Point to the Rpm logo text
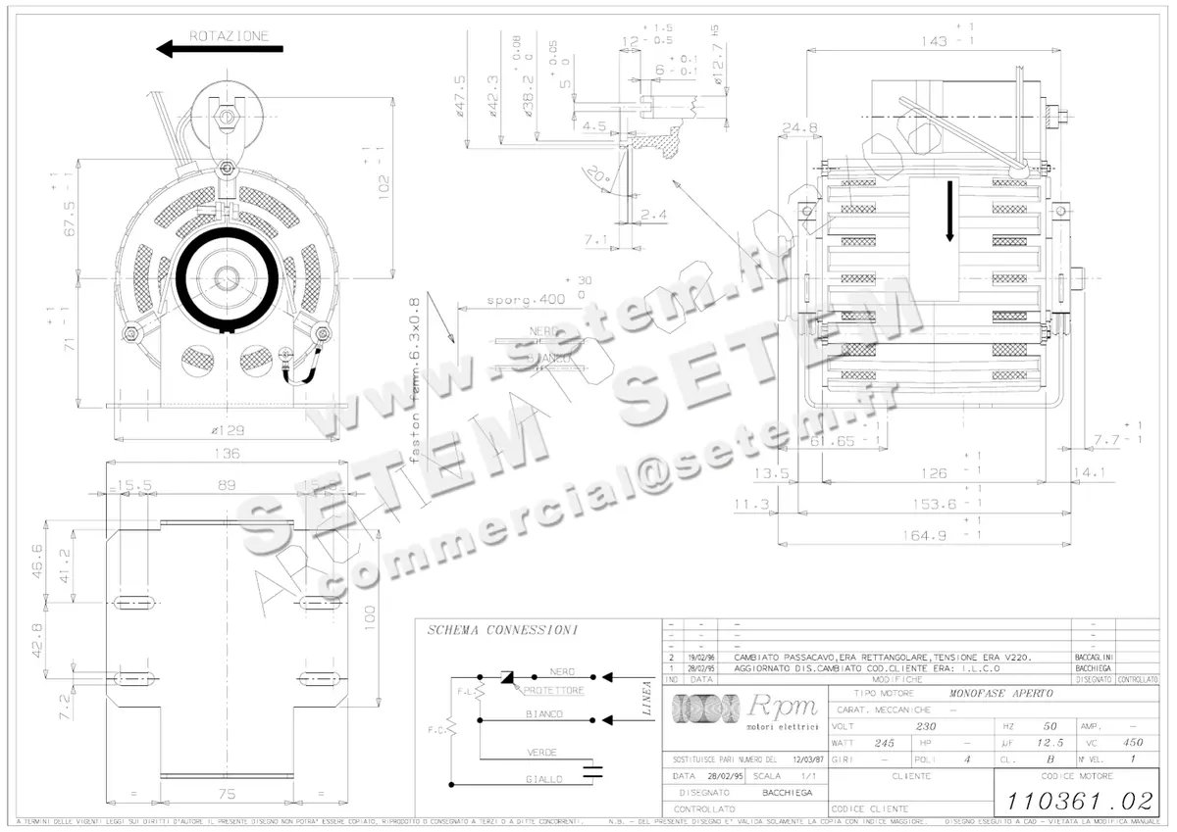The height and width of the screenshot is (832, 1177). [x=782, y=707]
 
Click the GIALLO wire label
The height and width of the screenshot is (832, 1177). [x=543, y=779]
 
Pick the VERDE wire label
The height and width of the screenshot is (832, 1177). [x=542, y=752]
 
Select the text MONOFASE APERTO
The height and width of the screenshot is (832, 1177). [x=995, y=693]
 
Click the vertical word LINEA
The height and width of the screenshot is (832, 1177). [x=647, y=700]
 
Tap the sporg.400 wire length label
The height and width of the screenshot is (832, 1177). [x=525, y=299]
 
